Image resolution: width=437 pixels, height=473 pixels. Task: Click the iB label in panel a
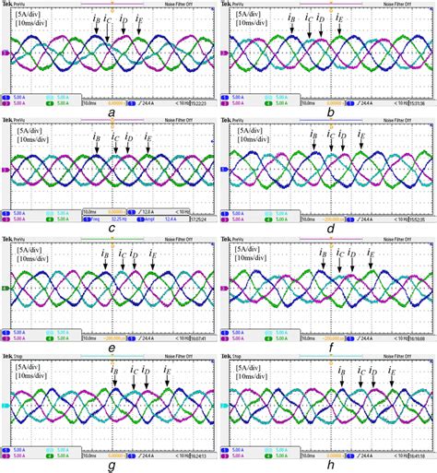pyautogui.click(x=97, y=19)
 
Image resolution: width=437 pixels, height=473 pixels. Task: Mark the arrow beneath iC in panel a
pyautogui.click(x=108, y=33)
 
